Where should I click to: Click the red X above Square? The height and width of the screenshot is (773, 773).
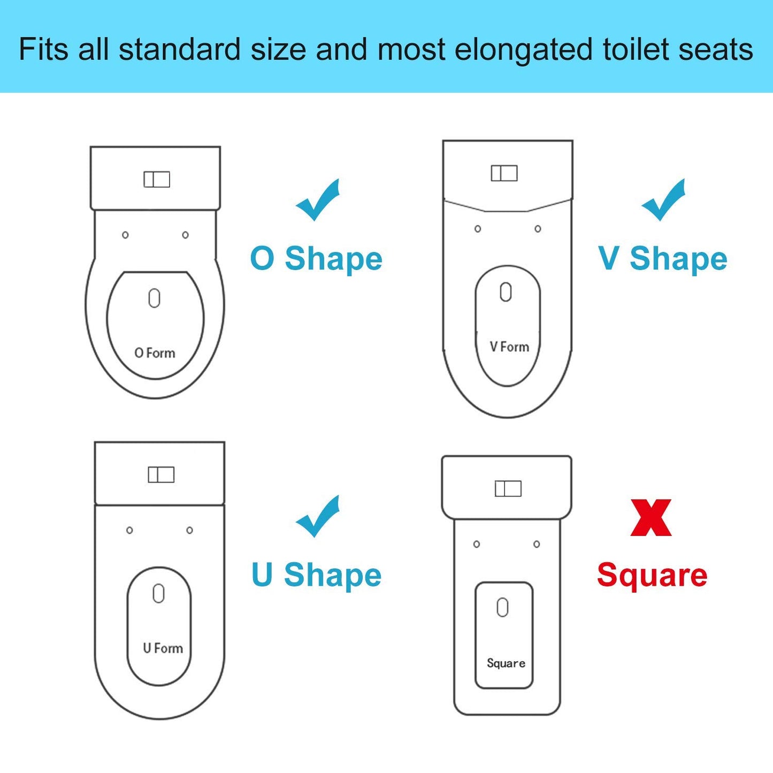pos(651,517)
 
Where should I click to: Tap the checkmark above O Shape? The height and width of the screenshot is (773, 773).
pos(318,201)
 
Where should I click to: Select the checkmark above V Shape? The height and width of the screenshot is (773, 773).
pos(663,201)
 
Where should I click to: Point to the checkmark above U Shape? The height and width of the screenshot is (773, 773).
pos(318,517)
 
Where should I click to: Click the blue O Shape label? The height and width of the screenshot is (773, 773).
pos(316,259)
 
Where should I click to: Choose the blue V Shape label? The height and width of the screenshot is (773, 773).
pos(663,259)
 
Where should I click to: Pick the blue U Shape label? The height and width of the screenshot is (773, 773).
pos(316,575)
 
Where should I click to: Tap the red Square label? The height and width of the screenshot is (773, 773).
pos(652,575)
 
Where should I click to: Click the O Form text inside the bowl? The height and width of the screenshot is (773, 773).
pos(155,353)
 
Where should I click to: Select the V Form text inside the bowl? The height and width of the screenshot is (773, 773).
pos(509,347)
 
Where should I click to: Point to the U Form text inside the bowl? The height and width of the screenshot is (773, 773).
pos(163,648)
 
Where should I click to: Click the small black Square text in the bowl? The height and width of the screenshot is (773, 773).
pos(506,663)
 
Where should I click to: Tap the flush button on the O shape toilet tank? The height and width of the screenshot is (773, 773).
pos(157,179)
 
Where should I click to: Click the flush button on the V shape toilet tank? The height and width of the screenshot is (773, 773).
pos(504,173)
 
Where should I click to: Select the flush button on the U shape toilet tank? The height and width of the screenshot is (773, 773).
pos(161,474)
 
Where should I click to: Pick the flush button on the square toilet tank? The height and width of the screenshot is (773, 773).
pos(508,488)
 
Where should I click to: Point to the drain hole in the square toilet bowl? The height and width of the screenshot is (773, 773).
pos(502,608)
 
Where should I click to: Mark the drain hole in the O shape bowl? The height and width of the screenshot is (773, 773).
pos(154,299)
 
